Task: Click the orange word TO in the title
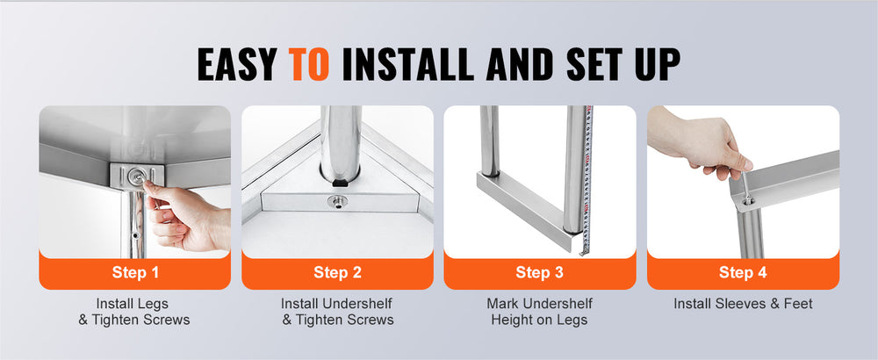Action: tap(308, 64)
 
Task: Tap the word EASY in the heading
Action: tap(237, 64)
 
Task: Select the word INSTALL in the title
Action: tap(408, 64)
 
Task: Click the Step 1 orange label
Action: tap(135, 272)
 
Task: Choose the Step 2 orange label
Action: tap(337, 272)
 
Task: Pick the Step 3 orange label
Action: tap(540, 272)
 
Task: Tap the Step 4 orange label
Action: tap(743, 272)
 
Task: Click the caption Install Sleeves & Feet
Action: tap(743, 304)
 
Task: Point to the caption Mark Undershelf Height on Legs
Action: tap(539, 312)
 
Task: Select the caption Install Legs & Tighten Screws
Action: tap(133, 312)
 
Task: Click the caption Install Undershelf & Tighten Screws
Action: tap(337, 312)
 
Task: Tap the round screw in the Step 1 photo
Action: tap(136, 176)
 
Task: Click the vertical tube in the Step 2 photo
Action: tap(341, 145)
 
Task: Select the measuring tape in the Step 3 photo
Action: tap(587, 180)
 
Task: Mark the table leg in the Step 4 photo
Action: tap(750, 233)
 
